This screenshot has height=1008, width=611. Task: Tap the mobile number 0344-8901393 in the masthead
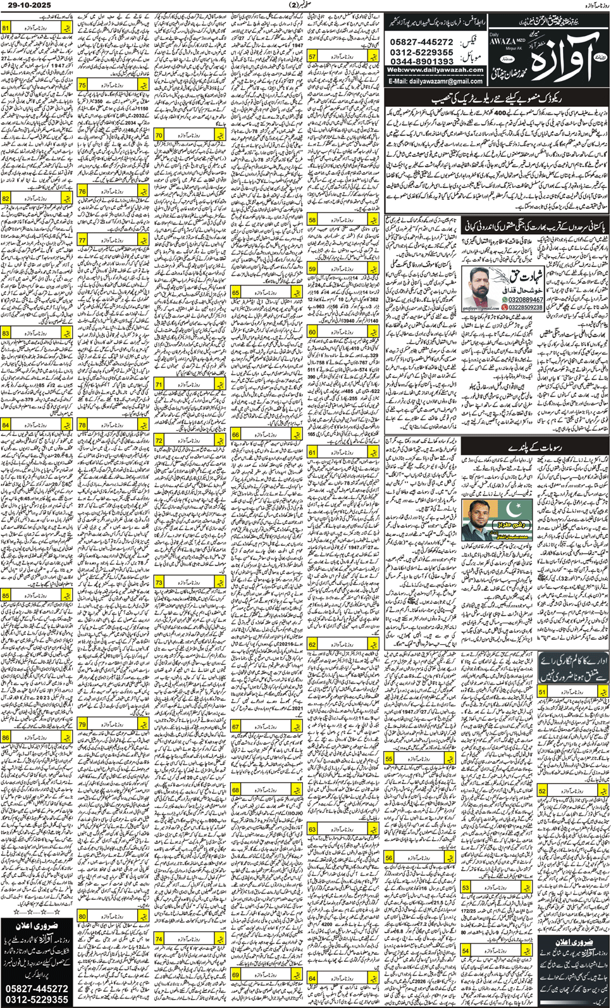422,61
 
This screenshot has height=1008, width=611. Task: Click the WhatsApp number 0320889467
526,299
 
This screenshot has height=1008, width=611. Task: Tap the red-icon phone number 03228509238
526,308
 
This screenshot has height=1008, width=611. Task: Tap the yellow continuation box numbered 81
6,28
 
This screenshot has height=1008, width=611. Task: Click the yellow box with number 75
83,85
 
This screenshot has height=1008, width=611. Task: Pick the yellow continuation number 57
312,57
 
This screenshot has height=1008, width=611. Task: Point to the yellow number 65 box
236,293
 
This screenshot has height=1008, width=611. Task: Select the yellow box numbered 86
6,737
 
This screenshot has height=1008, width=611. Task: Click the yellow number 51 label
543,692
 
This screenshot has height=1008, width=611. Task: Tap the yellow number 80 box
83,916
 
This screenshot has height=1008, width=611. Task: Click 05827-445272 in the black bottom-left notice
37,988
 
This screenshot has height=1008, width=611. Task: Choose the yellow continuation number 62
312,644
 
